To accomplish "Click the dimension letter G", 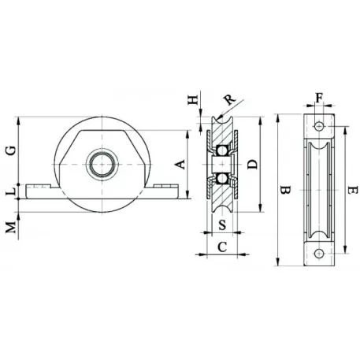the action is [x=12, y=150].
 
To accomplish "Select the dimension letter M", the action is [x=11, y=228].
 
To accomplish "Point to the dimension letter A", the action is [x=180, y=165].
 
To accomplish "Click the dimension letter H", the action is [x=193, y=100].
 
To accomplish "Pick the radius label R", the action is [x=229, y=99].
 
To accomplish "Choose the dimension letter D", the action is [x=253, y=165].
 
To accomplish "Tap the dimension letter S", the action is [x=222, y=225].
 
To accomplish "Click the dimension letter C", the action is [x=222, y=247].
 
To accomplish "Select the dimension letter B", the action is [x=285, y=190].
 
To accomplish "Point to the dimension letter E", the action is [x=353, y=190].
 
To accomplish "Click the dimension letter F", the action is [x=319, y=98].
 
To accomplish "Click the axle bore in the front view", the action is [x=102, y=165].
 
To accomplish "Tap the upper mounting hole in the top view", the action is [x=319, y=126].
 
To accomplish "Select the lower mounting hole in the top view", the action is [x=319, y=254].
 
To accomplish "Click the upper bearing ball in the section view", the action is [x=222, y=150].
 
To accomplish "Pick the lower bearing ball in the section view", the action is [x=222, y=179].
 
